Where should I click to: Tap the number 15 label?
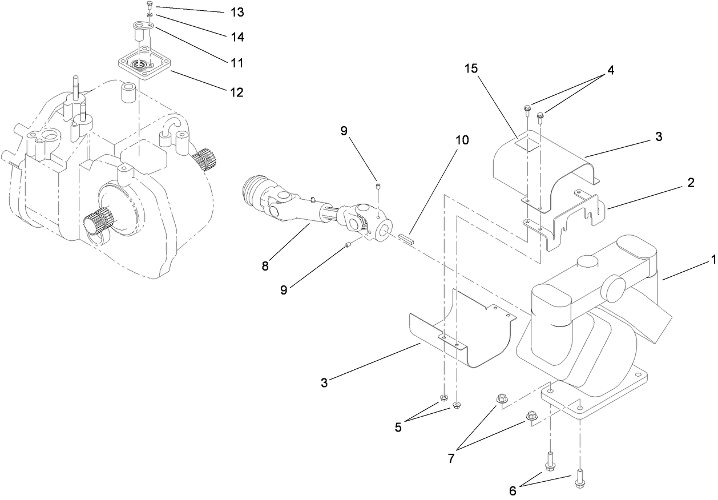[x=471, y=68]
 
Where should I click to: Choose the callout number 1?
[x=712, y=260]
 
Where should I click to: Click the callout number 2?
[x=691, y=183]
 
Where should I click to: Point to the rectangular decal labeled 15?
[x=527, y=144]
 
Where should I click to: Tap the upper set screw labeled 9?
[x=378, y=186]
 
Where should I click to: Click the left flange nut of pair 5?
[x=443, y=398]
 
